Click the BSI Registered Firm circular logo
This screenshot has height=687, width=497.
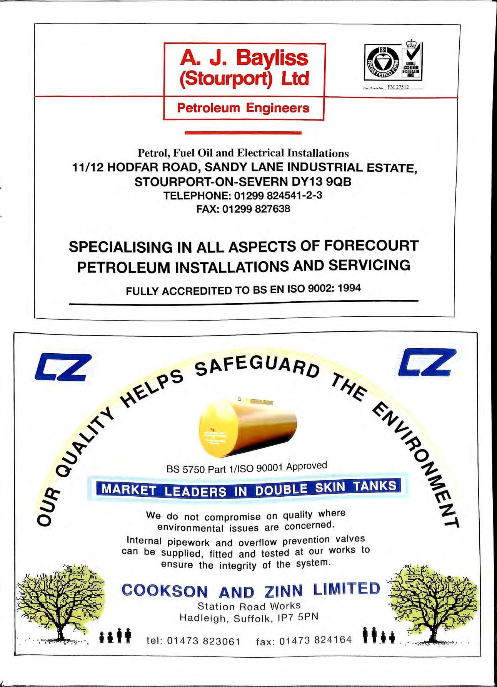click(382, 62)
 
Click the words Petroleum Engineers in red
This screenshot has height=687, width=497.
click(243, 108)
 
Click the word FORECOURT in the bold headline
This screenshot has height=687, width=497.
click(371, 245)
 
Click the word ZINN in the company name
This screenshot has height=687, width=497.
click(283, 590)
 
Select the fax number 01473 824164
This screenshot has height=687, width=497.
click(315, 640)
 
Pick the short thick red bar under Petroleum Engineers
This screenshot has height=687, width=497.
click(243, 133)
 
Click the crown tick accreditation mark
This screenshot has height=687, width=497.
click(412, 60)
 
